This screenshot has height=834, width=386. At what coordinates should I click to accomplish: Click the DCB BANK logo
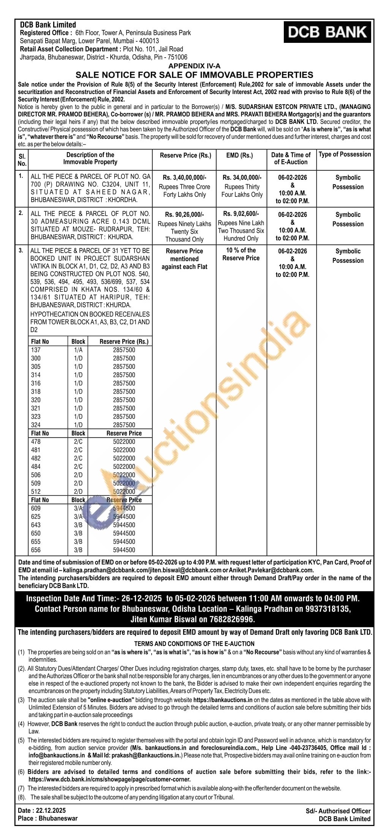click(327, 32)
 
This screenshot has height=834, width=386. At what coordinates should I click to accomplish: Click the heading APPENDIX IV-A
click(194, 66)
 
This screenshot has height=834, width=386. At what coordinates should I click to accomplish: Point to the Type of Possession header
click(345, 154)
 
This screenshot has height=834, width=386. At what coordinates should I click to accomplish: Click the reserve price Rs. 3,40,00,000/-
click(184, 177)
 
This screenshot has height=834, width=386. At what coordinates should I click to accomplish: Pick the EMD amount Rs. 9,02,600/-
click(241, 214)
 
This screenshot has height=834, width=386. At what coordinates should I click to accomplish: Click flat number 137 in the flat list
click(36, 350)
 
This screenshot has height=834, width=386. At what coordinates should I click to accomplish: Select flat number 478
click(36, 442)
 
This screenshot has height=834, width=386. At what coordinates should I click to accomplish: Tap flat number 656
click(36, 550)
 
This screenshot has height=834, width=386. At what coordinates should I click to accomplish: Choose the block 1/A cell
click(78, 350)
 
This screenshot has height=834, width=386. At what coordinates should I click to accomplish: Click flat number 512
click(36, 492)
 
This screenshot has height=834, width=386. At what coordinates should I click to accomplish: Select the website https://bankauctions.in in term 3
click(223, 700)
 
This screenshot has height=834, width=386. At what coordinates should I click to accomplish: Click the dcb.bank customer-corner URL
click(109, 779)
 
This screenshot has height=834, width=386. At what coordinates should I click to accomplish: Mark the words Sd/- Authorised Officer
click(338, 811)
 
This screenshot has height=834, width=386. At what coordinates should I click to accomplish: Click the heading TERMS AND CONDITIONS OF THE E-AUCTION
click(194, 644)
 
